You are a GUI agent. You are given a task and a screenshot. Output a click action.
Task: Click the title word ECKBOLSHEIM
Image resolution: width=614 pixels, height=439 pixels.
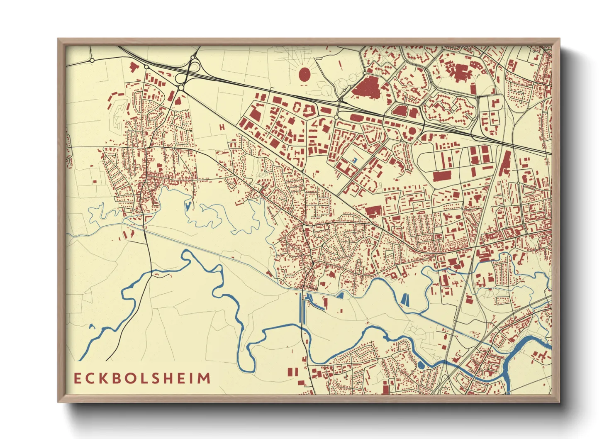142,378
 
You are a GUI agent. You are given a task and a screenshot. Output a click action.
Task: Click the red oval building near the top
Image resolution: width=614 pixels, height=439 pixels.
305,74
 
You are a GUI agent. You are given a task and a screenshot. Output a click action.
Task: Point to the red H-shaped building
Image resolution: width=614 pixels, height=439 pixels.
222,127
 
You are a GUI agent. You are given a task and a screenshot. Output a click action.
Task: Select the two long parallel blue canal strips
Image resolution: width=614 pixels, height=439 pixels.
302,309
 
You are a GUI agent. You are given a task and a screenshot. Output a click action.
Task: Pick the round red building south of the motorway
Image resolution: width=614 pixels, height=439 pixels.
412,131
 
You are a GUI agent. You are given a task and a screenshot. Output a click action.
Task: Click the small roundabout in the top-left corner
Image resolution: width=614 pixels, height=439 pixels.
92,61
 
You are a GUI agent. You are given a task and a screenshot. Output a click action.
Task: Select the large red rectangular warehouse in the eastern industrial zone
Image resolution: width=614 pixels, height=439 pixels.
442,176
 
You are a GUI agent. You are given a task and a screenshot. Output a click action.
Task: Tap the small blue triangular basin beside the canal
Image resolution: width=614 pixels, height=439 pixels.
341,295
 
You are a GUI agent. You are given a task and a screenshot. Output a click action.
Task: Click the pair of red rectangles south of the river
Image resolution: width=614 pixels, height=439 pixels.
293,371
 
